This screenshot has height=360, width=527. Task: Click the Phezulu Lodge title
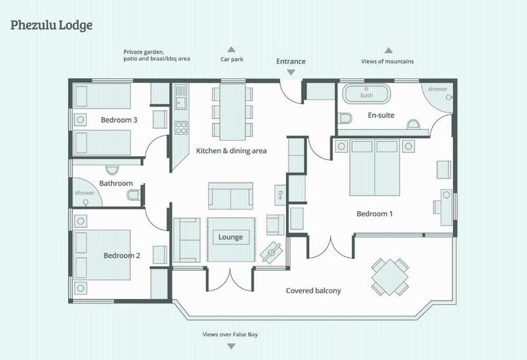(x=51, y=26)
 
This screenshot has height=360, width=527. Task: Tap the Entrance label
(x=290, y=62)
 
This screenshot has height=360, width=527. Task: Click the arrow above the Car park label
(x=231, y=50)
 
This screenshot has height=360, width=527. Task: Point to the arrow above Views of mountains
(x=389, y=50)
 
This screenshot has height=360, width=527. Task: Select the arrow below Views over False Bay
(x=231, y=346)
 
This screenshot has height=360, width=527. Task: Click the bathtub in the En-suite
(x=366, y=93)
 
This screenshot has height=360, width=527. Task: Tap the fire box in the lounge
(x=280, y=195)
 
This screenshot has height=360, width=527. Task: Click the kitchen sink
(x=181, y=97)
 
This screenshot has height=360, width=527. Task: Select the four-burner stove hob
(x=181, y=128)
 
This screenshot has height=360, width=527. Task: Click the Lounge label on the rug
(x=231, y=237)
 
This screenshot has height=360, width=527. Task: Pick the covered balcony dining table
(x=390, y=277)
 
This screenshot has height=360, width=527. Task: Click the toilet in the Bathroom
(x=134, y=195)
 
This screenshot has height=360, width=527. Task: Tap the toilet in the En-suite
(x=345, y=118)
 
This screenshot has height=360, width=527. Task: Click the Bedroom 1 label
(x=375, y=214)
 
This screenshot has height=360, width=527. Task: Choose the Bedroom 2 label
(x=121, y=255)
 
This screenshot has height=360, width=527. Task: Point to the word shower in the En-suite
(x=438, y=89)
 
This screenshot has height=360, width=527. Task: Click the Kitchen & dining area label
(x=231, y=151)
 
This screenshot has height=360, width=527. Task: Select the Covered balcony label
(x=313, y=291)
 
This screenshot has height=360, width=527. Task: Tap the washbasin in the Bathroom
(x=112, y=170)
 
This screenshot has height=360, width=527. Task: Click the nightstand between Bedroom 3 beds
(x=80, y=120)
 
